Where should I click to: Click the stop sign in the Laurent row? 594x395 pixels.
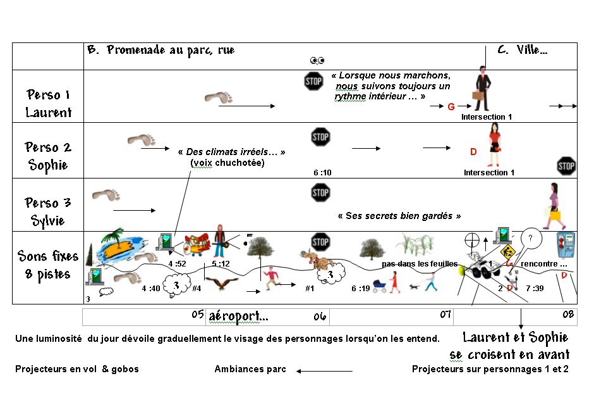click(x=314, y=81)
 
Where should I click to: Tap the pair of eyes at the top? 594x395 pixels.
click(x=317, y=61)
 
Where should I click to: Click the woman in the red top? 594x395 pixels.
click(x=494, y=145)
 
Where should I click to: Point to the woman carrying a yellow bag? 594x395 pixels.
click(x=553, y=206)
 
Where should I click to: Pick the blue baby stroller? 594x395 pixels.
click(x=380, y=285)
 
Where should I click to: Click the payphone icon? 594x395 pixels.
click(x=564, y=245)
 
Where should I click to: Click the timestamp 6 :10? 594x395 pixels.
click(x=322, y=172)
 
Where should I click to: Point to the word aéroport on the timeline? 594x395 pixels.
click(x=238, y=315)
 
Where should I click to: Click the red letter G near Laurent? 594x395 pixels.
click(x=451, y=107)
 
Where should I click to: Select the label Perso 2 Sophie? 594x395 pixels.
click(x=48, y=156)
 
